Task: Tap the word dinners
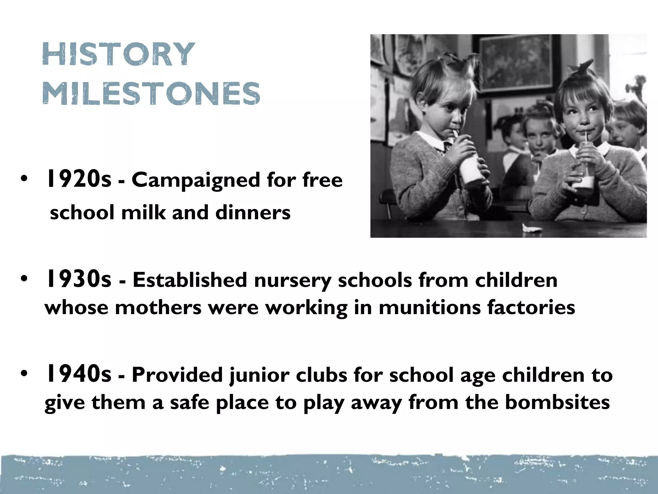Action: [x=253, y=213]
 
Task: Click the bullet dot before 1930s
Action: [x=24, y=279]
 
